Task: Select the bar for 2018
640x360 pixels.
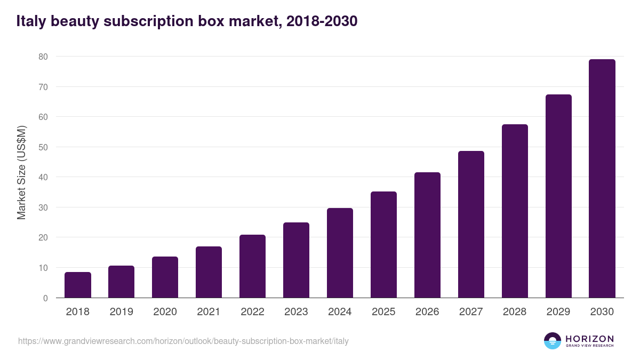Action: click(x=78, y=285)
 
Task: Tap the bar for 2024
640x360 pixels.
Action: click(x=340, y=253)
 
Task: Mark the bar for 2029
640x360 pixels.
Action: click(x=558, y=196)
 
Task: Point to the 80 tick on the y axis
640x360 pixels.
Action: click(x=43, y=57)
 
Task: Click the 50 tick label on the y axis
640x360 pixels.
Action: click(x=43, y=147)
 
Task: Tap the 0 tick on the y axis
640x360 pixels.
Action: click(x=45, y=298)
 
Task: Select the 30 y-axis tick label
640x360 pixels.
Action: click(x=43, y=207)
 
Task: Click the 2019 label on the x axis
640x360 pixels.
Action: click(x=121, y=312)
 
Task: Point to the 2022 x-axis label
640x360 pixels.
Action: click(x=252, y=312)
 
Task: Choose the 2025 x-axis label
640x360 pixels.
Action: click(x=383, y=312)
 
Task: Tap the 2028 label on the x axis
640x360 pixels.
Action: click(x=515, y=312)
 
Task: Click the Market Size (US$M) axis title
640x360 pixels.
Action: click(x=21, y=172)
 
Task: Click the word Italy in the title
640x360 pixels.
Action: click(x=33, y=21)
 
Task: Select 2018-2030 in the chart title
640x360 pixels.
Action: click(x=322, y=21)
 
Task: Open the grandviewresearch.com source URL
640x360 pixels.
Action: click(x=183, y=341)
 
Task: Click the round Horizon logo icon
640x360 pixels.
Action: click(x=552, y=341)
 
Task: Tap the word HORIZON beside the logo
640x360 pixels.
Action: click(x=589, y=338)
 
